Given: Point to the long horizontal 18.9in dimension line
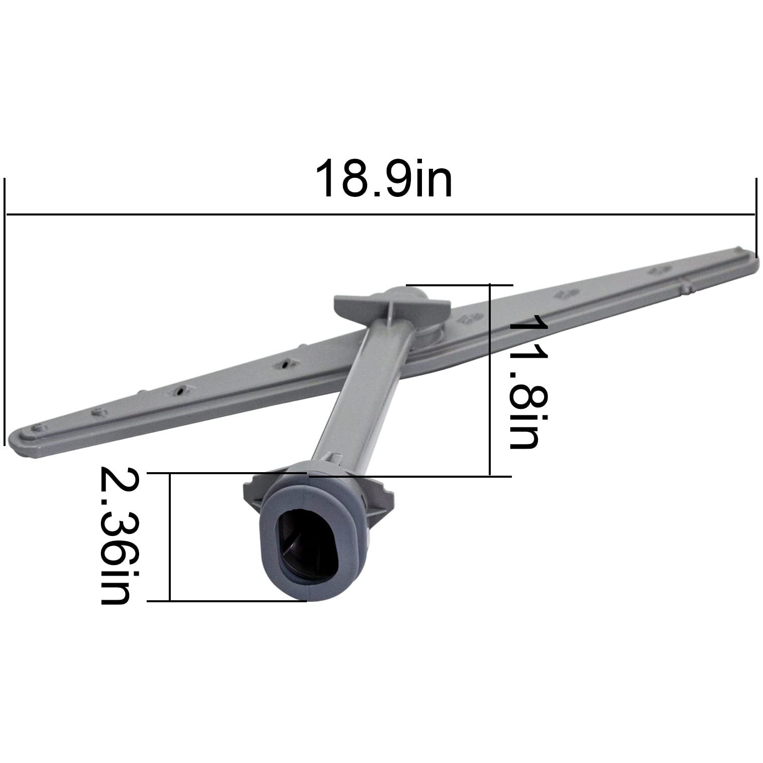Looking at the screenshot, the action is (380, 215).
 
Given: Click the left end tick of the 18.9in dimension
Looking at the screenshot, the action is (5, 311).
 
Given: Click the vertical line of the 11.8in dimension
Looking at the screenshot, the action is (490, 380).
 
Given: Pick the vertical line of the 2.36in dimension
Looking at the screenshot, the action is (170, 536).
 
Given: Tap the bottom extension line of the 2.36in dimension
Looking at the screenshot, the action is (227, 600).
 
